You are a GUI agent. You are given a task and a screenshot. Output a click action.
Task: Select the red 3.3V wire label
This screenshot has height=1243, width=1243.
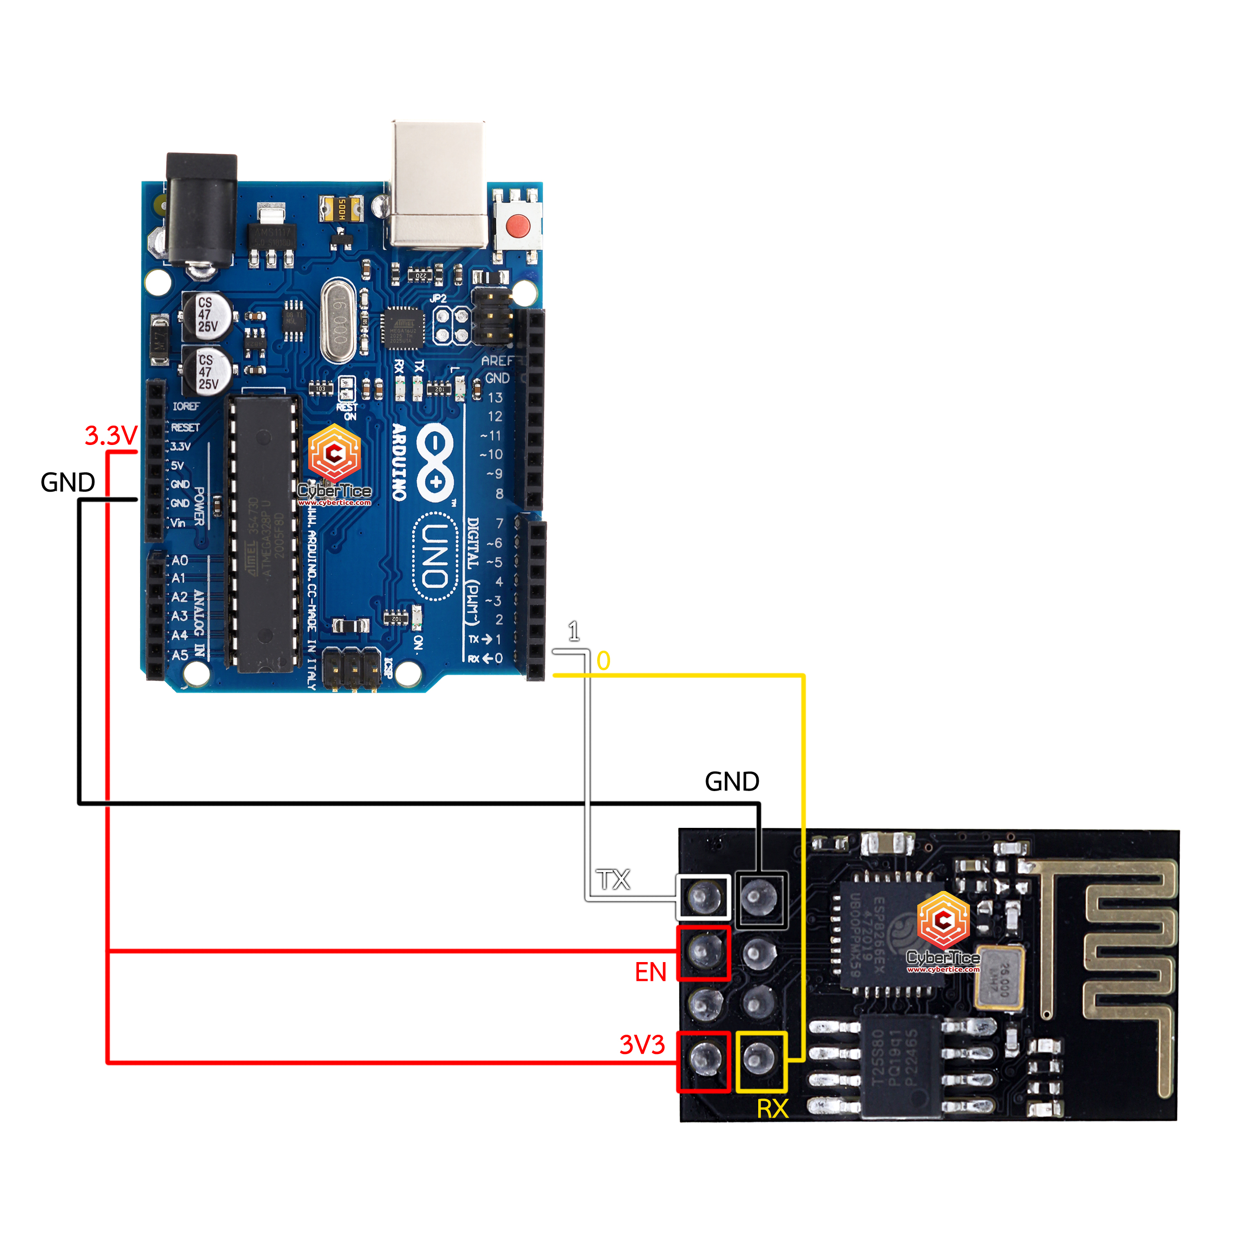click(111, 436)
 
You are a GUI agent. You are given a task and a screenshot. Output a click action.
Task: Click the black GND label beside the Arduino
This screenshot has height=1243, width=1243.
click(68, 482)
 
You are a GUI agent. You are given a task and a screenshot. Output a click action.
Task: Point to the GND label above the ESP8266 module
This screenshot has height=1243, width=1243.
click(732, 782)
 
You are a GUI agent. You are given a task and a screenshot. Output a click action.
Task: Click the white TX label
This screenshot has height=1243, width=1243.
click(613, 880)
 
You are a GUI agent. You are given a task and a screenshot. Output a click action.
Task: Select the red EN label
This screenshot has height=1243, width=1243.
click(650, 972)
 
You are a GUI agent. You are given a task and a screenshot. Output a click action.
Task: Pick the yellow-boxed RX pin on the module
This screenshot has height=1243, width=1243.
click(761, 1062)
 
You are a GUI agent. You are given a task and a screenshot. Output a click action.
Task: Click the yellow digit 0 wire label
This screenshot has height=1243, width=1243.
click(603, 661)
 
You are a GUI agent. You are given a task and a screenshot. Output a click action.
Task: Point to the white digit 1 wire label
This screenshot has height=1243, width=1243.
click(574, 631)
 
